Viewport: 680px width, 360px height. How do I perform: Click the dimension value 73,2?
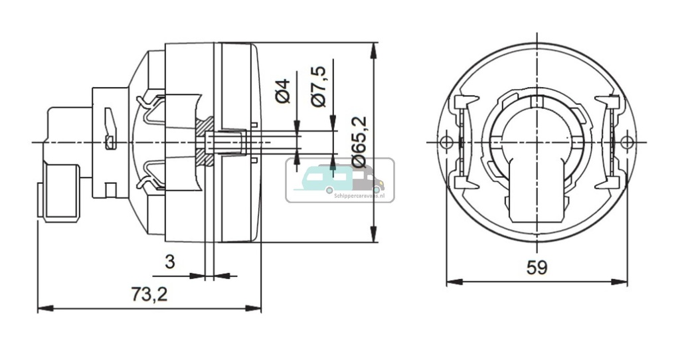tap(149, 295)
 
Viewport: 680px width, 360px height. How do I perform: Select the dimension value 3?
tap(170, 262)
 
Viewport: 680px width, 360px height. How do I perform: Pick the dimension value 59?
tap(537, 268)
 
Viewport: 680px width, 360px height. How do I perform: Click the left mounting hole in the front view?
tap(447, 141)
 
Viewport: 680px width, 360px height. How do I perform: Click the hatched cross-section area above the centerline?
tap(205, 126)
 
